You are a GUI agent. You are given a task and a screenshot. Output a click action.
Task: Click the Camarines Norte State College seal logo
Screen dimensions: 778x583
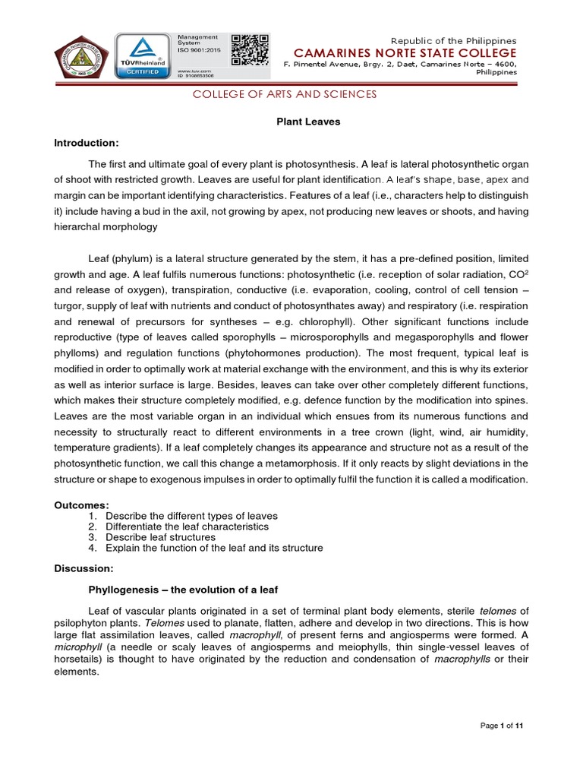pos(82,56)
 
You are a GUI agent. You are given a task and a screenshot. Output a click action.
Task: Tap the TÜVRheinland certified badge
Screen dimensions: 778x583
pos(142,55)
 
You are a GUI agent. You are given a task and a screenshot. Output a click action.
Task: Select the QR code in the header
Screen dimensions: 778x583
pos(250,50)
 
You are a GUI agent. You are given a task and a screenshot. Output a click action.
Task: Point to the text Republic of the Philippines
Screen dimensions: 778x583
pos(453,40)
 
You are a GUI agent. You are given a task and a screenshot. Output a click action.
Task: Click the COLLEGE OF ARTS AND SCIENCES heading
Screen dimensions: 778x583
pos(284,94)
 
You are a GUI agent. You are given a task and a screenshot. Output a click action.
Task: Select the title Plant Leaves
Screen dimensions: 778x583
pos(297,122)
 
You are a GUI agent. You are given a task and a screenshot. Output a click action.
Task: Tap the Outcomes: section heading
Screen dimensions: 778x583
pos(81,505)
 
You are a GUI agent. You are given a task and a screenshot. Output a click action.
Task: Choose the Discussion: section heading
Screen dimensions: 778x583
pos(84,568)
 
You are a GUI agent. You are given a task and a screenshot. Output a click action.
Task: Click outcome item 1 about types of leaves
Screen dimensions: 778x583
pos(191,516)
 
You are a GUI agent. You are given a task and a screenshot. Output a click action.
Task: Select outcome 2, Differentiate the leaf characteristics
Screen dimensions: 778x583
pos(187,527)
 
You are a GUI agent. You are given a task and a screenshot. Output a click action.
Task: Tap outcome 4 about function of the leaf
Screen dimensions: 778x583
pos(214,548)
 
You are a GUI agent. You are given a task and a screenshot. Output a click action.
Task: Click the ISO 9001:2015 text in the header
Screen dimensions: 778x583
pos(197,51)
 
